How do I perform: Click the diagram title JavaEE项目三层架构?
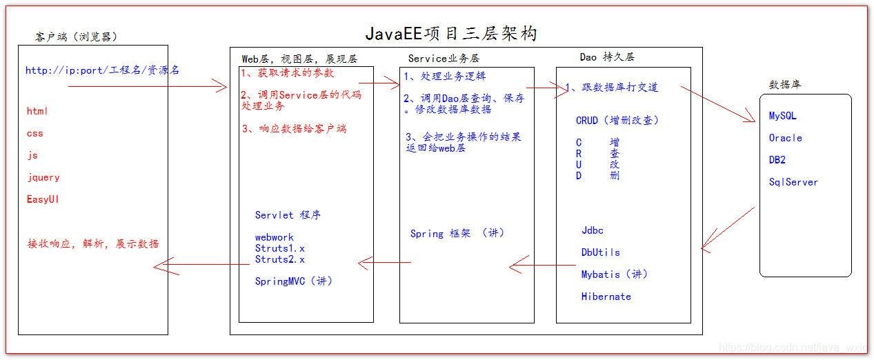[450, 33]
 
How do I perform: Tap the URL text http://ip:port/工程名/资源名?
[102, 70]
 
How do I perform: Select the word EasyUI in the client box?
[42, 199]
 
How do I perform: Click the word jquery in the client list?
[43, 177]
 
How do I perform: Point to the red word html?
[37, 111]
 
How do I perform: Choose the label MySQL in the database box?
[783, 116]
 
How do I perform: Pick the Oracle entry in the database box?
[786, 138]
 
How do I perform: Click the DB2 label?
[777, 160]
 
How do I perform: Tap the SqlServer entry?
[793, 182]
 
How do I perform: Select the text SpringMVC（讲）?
[294, 281]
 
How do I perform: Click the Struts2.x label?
[279, 259]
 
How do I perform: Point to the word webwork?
[275, 237]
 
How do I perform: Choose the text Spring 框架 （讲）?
[457, 234]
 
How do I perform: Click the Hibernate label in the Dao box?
[606, 297]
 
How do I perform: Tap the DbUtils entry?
[600, 252]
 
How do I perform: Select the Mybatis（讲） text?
[614, 274]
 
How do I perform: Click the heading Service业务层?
[444, 59]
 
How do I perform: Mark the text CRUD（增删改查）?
[617, 120]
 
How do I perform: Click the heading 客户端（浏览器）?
[81, 37]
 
